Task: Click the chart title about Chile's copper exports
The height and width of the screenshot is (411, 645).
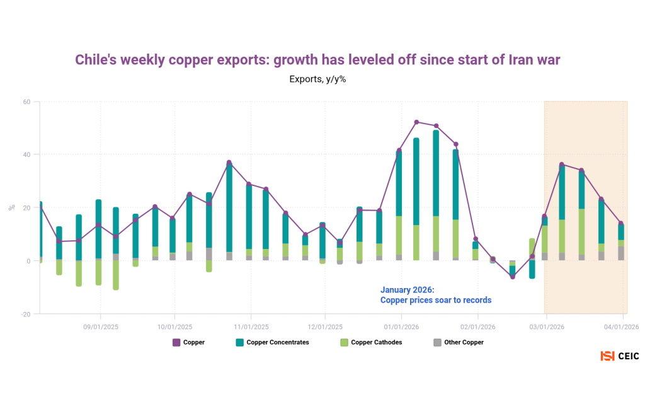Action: tap(317, 59)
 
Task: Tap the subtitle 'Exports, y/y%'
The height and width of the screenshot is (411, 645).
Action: tap(317, 79)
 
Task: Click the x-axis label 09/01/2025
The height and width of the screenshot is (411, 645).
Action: tap(101, 327)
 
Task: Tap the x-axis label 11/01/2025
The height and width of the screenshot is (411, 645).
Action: tap(251, 327)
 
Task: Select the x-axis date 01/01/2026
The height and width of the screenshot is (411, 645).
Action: tap(402, 327)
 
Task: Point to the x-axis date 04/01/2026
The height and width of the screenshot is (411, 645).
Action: tap(622, 327)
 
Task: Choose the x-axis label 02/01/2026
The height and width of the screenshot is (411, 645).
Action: tap(477, 327)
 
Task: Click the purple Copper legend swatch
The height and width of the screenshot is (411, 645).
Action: tap(176, 342)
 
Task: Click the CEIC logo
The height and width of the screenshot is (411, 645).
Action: tap(620, 356)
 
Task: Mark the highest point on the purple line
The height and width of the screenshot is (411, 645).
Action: tap(416, 122)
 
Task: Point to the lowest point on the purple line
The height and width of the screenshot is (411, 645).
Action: tap(513, 277)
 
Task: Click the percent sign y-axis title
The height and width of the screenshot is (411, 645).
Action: tap(12, 207)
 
